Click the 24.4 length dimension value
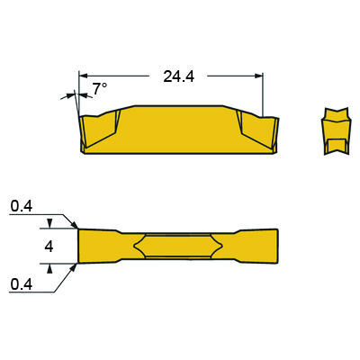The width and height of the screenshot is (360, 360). [179, 76]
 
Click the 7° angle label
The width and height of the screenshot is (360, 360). [99, 89]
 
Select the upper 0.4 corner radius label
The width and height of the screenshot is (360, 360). [22, 206]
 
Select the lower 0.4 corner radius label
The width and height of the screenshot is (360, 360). [22, 284]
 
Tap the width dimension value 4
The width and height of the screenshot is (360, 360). [49, 247]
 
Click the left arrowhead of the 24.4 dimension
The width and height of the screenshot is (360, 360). [83, 76]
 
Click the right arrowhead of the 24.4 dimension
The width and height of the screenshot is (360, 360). [259, 76]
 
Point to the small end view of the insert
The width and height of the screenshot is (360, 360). [336, 131]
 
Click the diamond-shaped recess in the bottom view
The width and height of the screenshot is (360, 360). [178, 246]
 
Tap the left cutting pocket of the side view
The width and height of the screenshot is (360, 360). [99, 129]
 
